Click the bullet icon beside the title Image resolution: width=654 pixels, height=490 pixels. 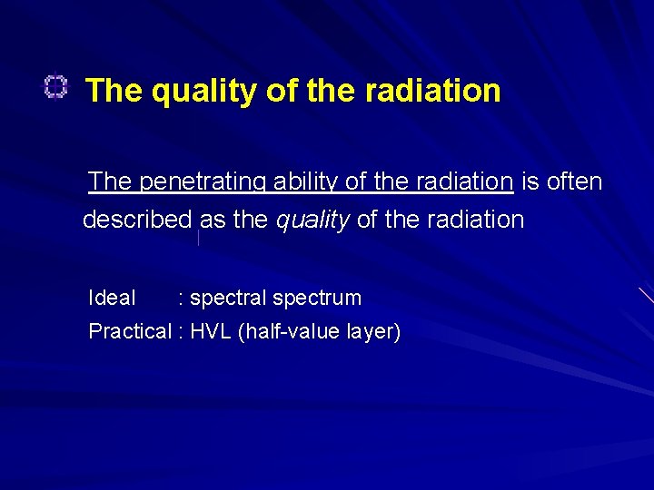pyautogui.click(x=55, y=88)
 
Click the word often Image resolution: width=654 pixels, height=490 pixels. pyautogui.click(x=574, y=181)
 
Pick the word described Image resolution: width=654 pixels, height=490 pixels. pyautogui.click(x=137, y=220)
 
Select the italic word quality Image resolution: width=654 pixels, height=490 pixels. pyautogui.click(x=312, y=220)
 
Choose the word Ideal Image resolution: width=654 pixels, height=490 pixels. pyautogui.click(x=112, y=298)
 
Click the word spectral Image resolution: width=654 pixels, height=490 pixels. pyautogui.click(x=228, y=298)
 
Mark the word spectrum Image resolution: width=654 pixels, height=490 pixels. pyautogui.click(x=317, y=298)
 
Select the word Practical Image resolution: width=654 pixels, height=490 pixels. pyautogui.click(x=129, y=332)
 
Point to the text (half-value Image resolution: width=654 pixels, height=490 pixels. pyautogui.click(x=290, y=332)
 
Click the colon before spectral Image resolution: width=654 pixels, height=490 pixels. pyautogui.click(x=182, y=299)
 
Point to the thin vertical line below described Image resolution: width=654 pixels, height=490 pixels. pyautogui.click(x=198, y=238)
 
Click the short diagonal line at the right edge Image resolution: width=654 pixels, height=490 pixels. pyautogui.click(x=646, y=295)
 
